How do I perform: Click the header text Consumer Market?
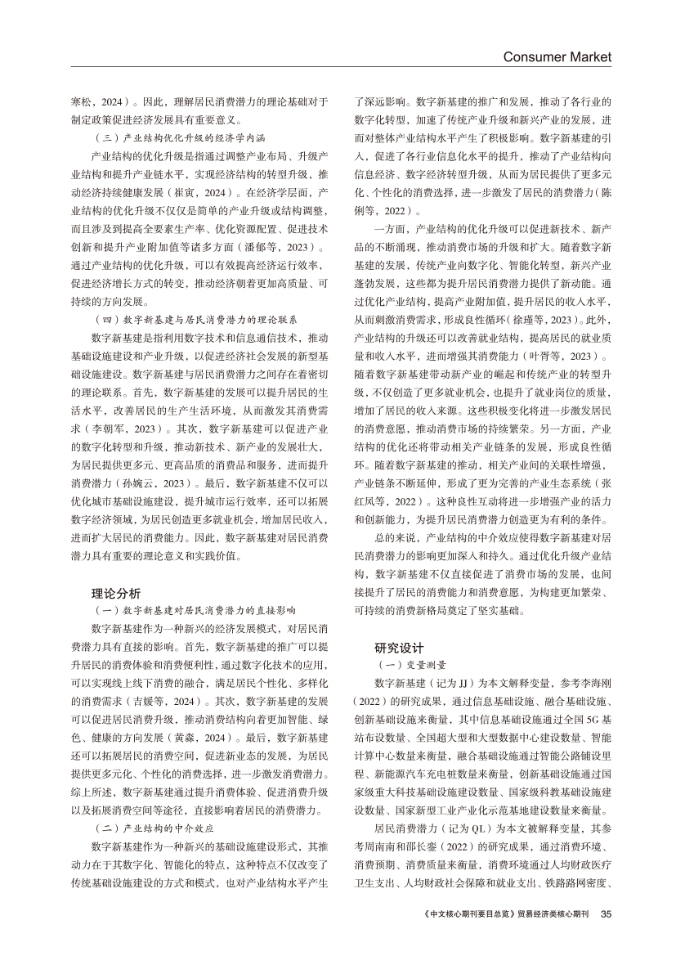click(x=557, y=57)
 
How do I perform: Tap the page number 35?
click(x=606, y=936)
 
